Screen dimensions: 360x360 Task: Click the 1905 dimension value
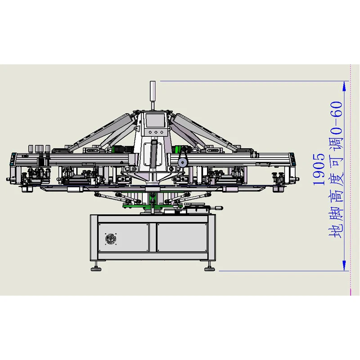[x=319, y=169]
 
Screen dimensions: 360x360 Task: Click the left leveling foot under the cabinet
[x=96, y=269]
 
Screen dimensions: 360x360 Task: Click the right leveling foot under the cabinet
[x=209, y=269]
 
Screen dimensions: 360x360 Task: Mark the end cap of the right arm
[x=295, y=159]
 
